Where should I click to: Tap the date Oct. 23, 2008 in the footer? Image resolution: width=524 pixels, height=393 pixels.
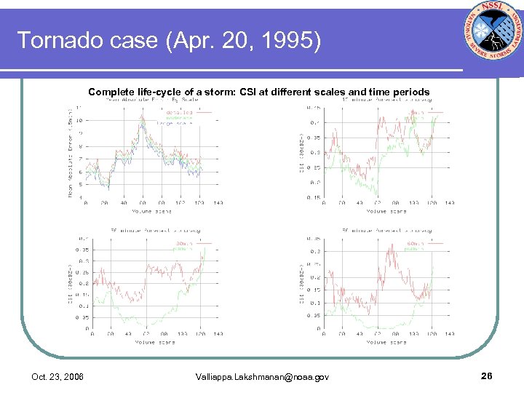point(57,376)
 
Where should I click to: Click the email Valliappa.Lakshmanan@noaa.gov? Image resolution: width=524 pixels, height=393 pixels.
point(263,376)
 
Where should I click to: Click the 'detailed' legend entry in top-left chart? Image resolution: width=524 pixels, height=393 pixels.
point(179,113)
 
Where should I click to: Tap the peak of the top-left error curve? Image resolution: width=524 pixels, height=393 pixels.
point(142,116)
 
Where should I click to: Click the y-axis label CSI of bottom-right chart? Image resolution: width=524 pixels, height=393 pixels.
point(302,284)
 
